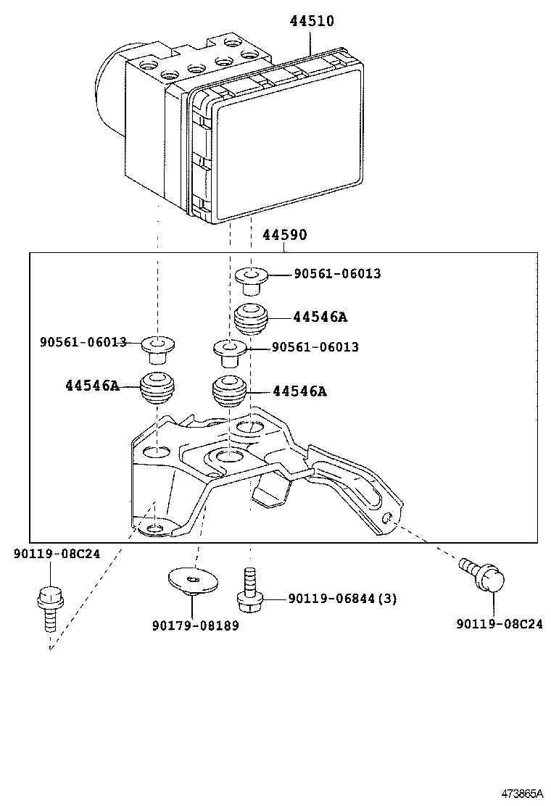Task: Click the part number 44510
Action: coord(312,21)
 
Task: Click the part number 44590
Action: coord(284,235)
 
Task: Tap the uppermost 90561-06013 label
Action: coord(337,274)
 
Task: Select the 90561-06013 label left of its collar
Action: coord(83,341)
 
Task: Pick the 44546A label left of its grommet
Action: coord(91,386)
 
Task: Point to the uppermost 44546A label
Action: coord(320,317)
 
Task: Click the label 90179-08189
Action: coord(195,626)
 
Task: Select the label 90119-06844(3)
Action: coord(342,598)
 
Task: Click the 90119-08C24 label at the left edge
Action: coord(57,554)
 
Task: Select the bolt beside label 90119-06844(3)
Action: coord(249,588)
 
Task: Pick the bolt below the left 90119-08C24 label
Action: coord(50,605)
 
